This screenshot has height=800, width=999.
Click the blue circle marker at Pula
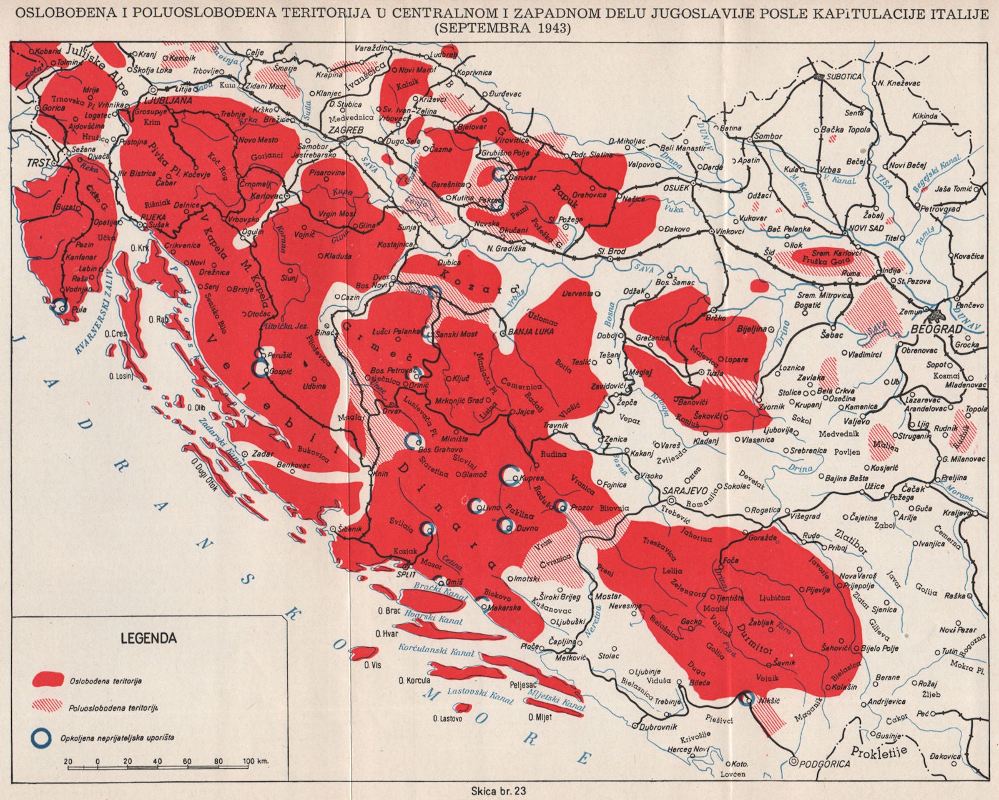59,306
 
